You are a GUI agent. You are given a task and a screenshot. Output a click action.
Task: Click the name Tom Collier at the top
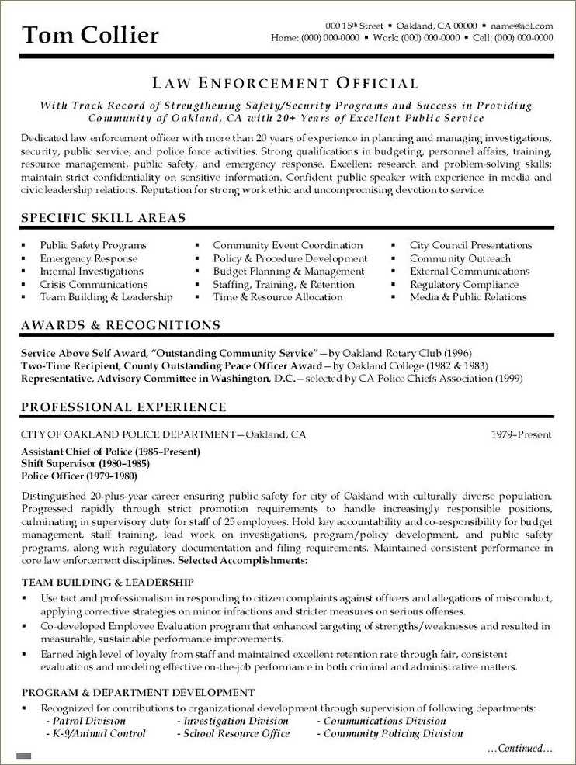tap(91, 34)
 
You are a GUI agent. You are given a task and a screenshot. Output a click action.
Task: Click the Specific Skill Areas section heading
tap(103, 218)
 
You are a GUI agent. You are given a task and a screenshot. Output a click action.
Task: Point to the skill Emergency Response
tap(88, 258)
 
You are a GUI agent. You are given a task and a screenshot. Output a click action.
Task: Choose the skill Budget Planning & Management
tap(289, 272)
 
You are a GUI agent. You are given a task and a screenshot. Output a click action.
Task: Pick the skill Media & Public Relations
tap(468, 297)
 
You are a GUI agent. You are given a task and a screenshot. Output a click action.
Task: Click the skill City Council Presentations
tap(470, 245)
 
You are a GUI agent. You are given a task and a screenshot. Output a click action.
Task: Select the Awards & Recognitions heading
tap(120, 325)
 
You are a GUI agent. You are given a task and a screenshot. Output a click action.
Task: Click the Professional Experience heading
tap(123, 407)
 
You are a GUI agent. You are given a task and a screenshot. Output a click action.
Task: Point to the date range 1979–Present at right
tap(522, 434)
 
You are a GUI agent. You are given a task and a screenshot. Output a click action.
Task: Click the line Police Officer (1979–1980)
tap(79, 476)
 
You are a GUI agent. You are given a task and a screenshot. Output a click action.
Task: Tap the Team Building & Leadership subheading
tap(107, 582)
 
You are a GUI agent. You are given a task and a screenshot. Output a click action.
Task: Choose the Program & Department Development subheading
tap(137, 692)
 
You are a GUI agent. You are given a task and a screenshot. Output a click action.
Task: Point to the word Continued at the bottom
tap(519, 749)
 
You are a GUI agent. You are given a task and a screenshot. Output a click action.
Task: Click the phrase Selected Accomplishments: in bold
tap(242, 560)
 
